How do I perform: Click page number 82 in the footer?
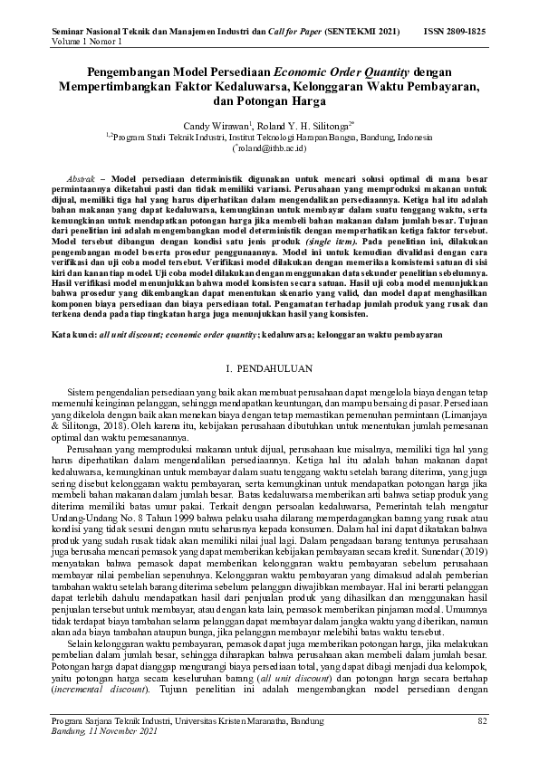tap(482, 721)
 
